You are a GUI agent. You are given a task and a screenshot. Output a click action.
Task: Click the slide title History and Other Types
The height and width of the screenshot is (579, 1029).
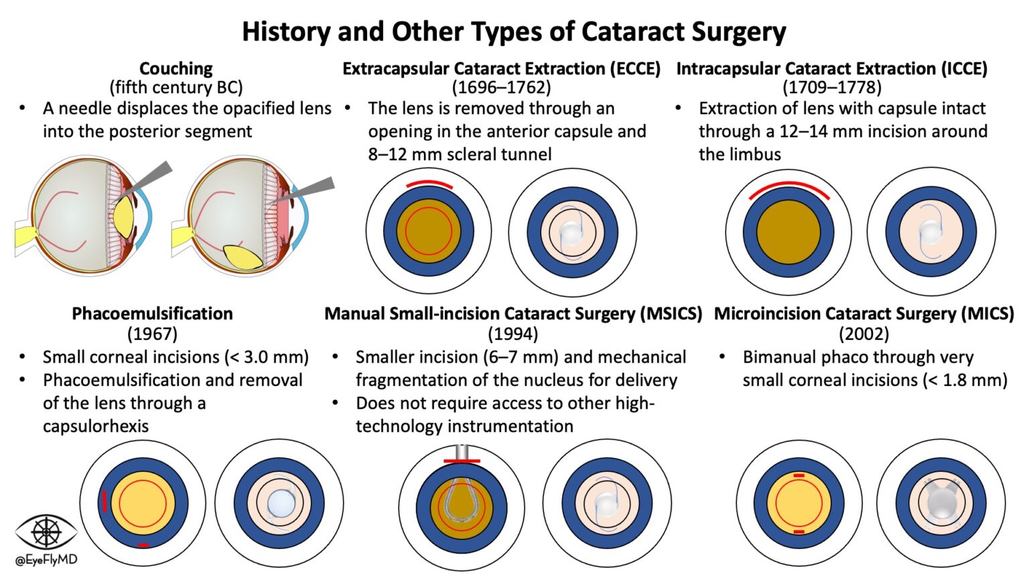click(514, 31)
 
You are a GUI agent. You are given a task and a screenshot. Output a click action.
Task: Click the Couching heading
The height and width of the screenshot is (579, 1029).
click(176, 68)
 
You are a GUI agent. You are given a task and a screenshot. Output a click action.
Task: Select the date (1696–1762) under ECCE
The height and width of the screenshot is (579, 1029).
click(501, 87)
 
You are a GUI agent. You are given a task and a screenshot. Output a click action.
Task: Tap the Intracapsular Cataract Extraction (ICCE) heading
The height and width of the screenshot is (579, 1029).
click(831, 68)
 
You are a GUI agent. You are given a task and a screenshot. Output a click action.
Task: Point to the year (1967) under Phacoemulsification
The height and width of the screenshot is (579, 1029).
click(152, 333)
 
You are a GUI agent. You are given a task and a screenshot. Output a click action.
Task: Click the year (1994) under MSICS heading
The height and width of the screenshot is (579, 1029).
click(512, 333)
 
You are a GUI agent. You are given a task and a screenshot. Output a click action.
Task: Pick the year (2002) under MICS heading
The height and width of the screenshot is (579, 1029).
click(864, 333)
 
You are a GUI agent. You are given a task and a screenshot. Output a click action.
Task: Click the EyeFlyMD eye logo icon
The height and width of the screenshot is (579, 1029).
click(46, 531)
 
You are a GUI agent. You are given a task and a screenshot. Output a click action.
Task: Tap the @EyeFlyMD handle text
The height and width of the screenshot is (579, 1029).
click(46, 560)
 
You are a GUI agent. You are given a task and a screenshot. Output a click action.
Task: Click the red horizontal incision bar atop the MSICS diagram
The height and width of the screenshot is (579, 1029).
click(462, 460)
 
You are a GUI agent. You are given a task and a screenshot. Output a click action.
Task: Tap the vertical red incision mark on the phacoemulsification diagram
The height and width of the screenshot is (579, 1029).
click(105, 501)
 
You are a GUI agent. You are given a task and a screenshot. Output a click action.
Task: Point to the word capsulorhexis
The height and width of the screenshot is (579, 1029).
click(96, 426)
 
